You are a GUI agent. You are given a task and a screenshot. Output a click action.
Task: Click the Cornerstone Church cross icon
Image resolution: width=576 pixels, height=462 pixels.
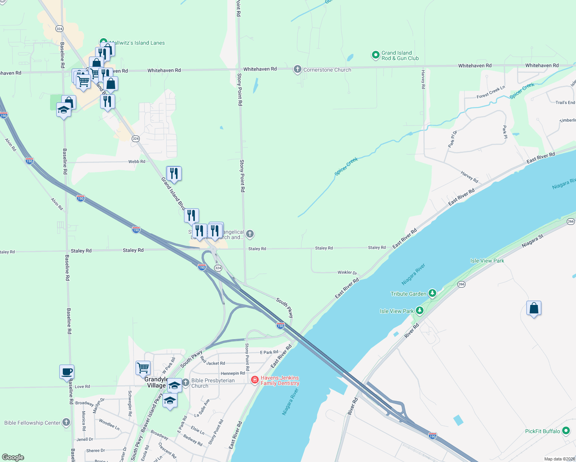tap(297, 70)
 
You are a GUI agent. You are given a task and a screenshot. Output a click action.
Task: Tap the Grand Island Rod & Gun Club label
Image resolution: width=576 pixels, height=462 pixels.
tap(400, 56)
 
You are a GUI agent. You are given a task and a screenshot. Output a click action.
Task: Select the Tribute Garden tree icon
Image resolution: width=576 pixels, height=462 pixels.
tap(432, 294)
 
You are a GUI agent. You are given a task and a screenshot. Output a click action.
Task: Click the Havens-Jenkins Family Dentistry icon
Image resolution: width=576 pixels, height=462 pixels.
tap(255, 380)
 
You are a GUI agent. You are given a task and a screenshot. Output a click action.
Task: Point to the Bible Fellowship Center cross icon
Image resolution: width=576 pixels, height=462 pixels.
tap(66, 422)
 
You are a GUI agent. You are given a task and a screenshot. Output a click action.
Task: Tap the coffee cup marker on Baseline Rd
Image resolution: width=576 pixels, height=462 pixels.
tap(67, 372)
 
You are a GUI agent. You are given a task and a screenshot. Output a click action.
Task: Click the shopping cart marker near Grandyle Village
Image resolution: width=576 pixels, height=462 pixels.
tap(143, 368)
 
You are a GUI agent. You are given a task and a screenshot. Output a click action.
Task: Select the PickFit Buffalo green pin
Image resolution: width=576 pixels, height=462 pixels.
tap(566, 431)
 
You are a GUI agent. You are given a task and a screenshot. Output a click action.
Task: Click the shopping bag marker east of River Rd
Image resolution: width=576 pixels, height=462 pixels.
tap(534, 308)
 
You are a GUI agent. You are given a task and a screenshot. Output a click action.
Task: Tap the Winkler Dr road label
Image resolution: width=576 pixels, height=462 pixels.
tap(347, 273)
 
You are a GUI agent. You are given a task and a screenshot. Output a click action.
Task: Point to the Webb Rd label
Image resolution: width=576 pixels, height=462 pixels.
tap(137, 162)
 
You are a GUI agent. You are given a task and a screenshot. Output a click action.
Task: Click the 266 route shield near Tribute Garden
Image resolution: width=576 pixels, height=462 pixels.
tap(461, 284)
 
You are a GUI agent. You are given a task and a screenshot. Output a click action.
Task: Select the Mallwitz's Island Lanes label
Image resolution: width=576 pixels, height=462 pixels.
tap(137, 43)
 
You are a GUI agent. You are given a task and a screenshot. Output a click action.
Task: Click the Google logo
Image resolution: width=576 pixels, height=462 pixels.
tap(13, 457)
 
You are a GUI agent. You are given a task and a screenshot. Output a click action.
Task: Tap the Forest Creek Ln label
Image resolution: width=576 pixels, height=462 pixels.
tap(491, 92)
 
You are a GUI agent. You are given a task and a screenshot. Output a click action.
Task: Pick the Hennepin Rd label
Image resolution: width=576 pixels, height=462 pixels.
tap(233, 373)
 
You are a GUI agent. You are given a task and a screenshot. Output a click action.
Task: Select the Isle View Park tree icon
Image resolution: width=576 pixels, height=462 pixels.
tap(420, 311)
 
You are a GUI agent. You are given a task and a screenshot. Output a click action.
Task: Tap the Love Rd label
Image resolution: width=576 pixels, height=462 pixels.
tap(82, 387)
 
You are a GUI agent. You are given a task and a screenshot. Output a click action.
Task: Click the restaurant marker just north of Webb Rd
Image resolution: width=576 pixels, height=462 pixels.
tap(174, 174)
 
